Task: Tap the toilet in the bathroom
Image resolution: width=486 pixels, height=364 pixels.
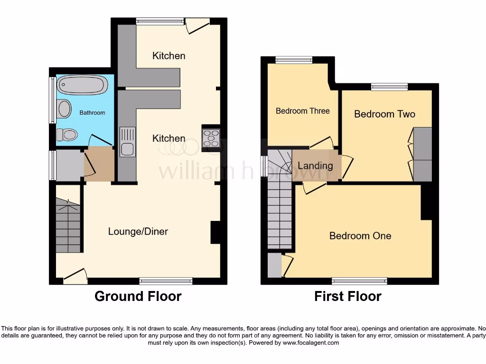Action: coord(67,135)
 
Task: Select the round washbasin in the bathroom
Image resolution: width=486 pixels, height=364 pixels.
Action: coord(64,109)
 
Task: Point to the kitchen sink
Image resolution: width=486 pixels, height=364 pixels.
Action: coord(127,142)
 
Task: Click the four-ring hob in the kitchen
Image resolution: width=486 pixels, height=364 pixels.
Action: coord(211,138)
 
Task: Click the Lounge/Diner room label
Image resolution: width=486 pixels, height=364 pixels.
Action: coord(138,231)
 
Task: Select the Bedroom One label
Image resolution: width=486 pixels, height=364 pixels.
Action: coord(360,236)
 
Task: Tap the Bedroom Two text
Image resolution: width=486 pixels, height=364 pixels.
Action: coord(384,114)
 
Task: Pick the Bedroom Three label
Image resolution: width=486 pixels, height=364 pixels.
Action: coord(303,111)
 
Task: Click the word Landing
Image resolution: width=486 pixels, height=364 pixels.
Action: coord(315,165)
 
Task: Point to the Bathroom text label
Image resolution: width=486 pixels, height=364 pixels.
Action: coord(92,113)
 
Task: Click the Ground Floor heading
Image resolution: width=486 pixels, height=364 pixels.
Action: coord(138,296)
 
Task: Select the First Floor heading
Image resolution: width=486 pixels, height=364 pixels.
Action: coord(347,296)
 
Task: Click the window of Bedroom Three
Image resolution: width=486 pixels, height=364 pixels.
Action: coord(294,60)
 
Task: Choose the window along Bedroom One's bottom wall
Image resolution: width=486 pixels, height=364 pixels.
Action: coord(359,281)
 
